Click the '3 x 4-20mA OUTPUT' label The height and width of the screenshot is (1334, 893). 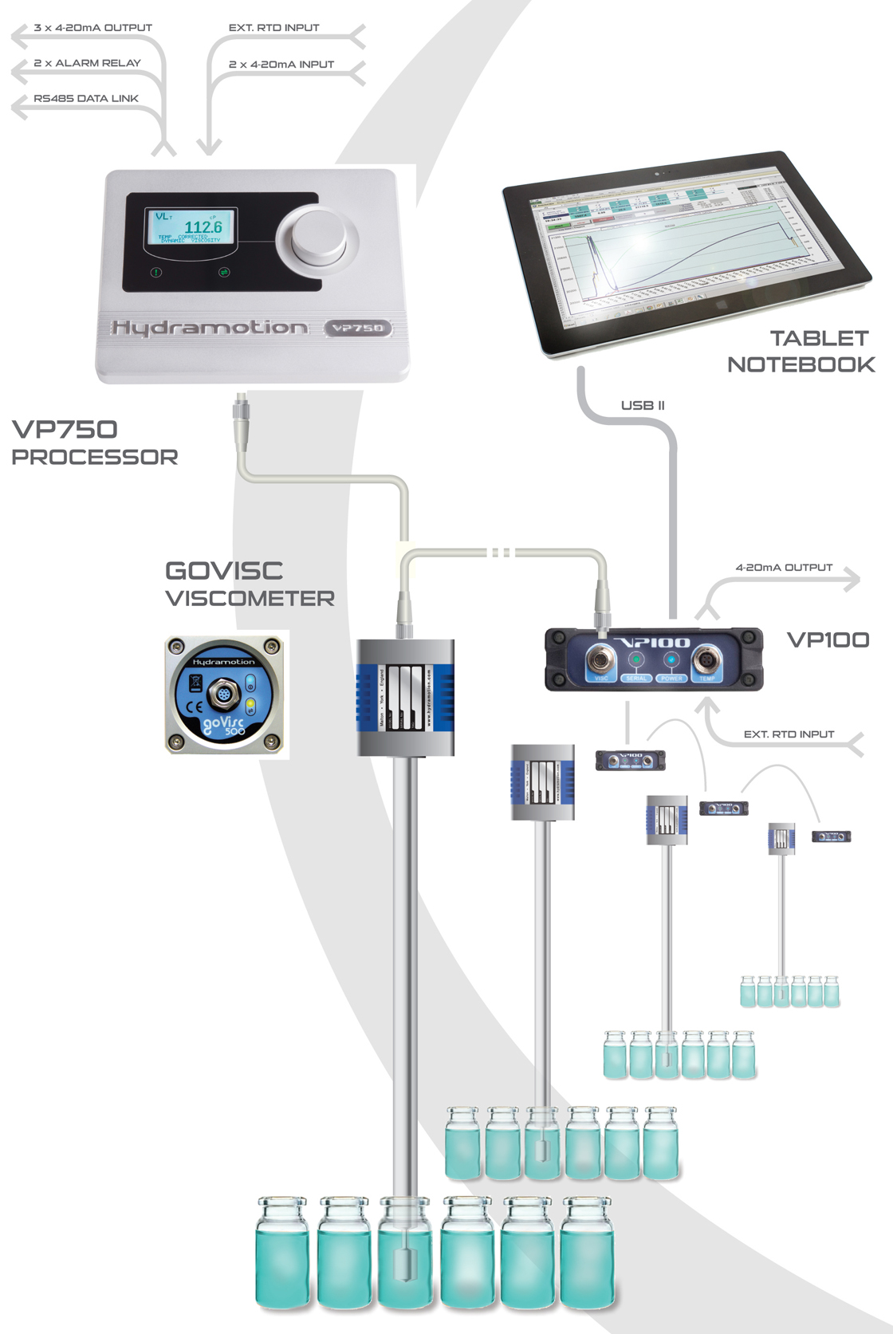(92, 28)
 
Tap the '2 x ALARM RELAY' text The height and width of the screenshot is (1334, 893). (87, 63)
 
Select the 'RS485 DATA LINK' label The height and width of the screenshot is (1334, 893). (86, 99)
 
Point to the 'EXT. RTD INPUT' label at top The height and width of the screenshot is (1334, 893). (273, 28)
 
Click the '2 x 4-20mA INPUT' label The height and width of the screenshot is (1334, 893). (281, 65)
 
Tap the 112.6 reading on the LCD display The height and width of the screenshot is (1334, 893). (203, 227)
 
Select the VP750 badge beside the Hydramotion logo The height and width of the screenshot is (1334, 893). (358, 328)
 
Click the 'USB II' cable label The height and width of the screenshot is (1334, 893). (643, 405)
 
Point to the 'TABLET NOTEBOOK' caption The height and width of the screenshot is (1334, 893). (801, 352)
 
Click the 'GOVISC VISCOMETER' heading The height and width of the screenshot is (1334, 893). (249, 584)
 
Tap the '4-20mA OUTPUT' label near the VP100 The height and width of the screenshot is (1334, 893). (784, 568)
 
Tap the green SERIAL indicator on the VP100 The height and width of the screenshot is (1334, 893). (636, 659)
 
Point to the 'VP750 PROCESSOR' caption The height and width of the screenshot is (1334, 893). (94, 443)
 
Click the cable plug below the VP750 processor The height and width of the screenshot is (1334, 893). (241, 414)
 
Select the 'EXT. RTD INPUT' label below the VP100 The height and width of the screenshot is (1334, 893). (789, 734)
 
